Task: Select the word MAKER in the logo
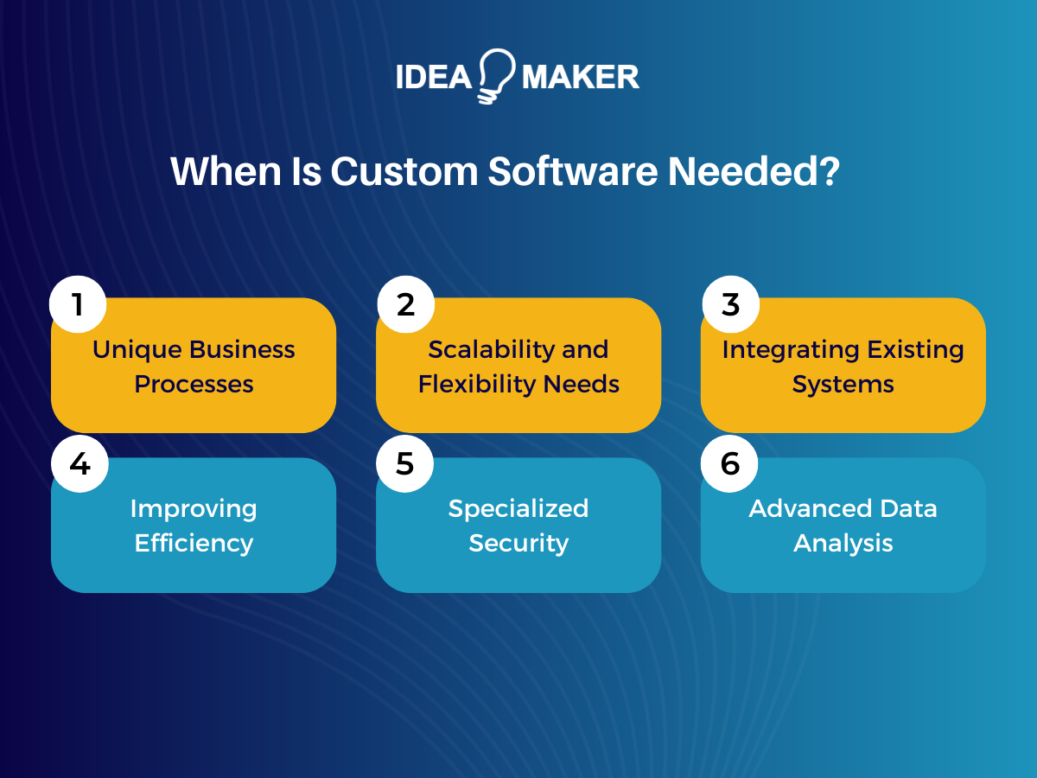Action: point(581,77)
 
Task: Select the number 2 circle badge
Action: point(405,304)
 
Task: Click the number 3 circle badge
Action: point(730,304)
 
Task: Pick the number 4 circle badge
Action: point(79,464)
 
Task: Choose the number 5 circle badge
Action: point(405,464)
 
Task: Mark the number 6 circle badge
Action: point(730,464)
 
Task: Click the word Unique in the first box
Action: point(137,350)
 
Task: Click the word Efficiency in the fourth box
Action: point(194,543)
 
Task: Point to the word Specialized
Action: point(518,508)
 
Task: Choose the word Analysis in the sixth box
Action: point(843,543)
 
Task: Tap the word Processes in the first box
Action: point(194,385)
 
